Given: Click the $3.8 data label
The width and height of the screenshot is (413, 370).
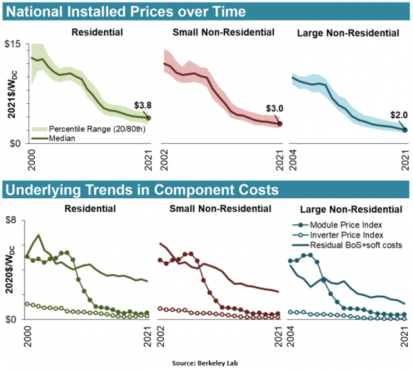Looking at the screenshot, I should [143, 105].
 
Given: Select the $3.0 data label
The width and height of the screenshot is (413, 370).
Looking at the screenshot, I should [274, 109].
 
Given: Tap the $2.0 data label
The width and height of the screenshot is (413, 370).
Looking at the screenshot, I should [398, 116].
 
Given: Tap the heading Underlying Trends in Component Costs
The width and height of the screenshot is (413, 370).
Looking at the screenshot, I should [142, 190].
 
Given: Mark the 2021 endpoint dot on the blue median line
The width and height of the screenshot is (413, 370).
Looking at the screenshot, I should [405, 129].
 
